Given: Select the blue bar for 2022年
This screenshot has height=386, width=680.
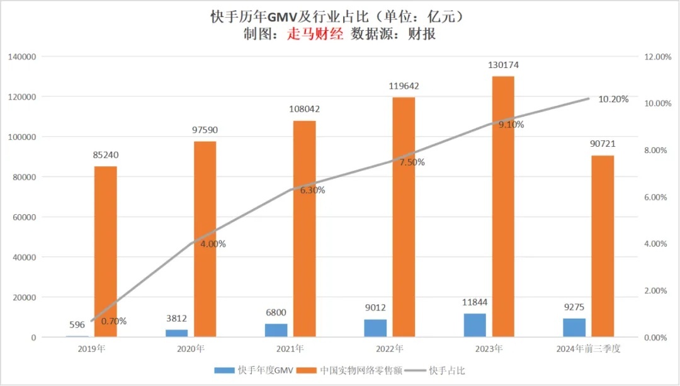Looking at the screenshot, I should tap(376, 328).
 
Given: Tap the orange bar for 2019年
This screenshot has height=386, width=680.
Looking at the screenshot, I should tap(106, 252).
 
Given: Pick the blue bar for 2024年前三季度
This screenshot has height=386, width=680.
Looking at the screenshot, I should tap(574, 327).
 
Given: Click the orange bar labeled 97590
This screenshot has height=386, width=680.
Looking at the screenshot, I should tap(205, 239).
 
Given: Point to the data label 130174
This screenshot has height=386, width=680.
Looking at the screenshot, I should tap(503, 65).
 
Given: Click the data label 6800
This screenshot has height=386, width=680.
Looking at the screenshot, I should tap(275, 312).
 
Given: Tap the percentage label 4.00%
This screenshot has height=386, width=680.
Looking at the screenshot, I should tap(213, 244).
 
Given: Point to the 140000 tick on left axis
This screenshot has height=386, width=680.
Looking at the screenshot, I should tap(23, 57).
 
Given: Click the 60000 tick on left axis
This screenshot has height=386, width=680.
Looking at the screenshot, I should tap(25, 217).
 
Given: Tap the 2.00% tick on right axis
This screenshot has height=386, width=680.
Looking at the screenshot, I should tap(657, 291).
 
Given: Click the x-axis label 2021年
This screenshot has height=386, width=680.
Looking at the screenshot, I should tap(290, 349).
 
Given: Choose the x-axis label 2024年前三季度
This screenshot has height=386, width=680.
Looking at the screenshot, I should tap(589, 349).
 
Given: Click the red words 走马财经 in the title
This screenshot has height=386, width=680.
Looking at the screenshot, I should tap(316, 34).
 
